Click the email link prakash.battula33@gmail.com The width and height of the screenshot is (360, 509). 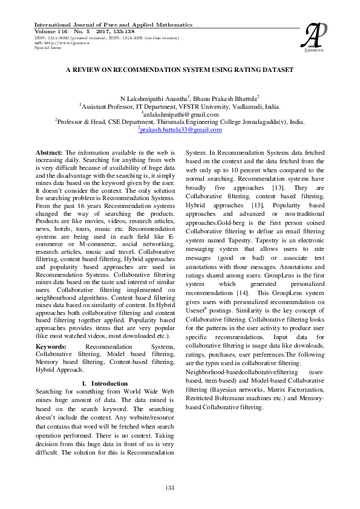tap(180, 129)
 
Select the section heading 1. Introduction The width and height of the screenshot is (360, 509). tap(105, 383)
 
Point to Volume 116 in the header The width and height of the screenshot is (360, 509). tap(52, 31)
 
